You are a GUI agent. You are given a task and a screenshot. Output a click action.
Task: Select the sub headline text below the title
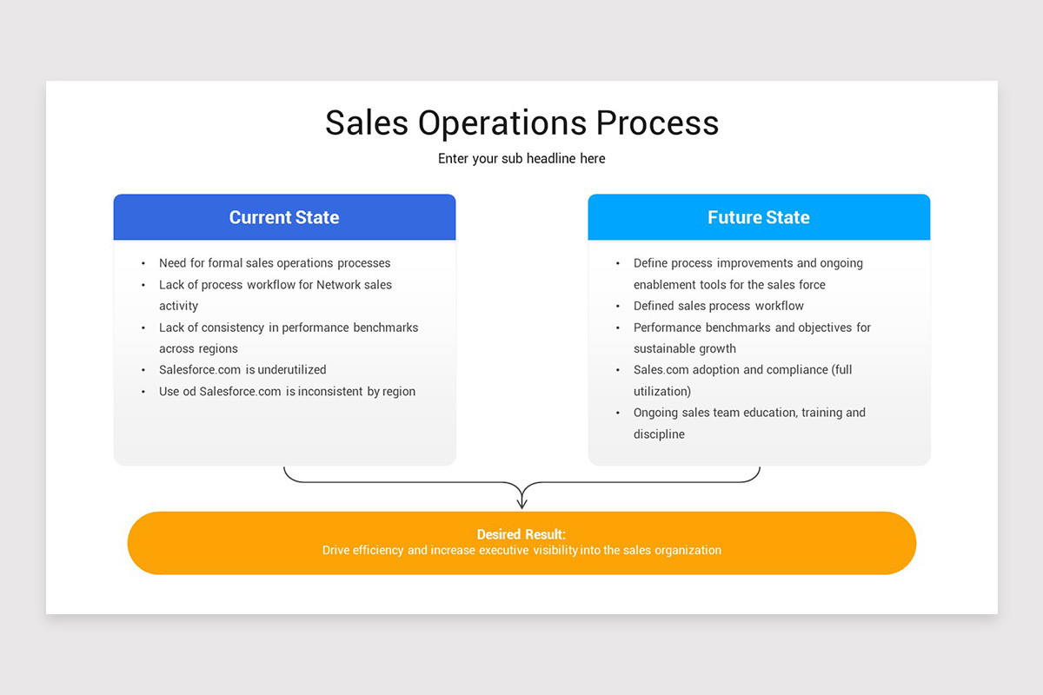521,159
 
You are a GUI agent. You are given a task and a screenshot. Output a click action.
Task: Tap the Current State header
284,217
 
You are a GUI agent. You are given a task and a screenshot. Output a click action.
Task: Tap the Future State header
759,217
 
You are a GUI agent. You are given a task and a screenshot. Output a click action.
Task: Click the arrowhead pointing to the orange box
521,501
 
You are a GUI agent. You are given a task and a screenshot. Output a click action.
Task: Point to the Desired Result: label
521,535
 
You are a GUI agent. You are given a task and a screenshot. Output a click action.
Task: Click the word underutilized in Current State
292,370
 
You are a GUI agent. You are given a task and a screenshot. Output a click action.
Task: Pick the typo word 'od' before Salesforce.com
189,392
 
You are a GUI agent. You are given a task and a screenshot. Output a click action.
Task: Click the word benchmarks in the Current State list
386,328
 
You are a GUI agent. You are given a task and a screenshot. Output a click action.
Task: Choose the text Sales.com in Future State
661,370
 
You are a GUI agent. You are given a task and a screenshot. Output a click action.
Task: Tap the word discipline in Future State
659,434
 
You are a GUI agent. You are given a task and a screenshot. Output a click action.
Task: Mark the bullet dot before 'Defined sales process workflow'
618,307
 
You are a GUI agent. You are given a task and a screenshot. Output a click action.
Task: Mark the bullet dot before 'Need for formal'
143,263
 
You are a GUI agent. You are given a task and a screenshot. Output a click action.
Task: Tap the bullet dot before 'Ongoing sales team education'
618,414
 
